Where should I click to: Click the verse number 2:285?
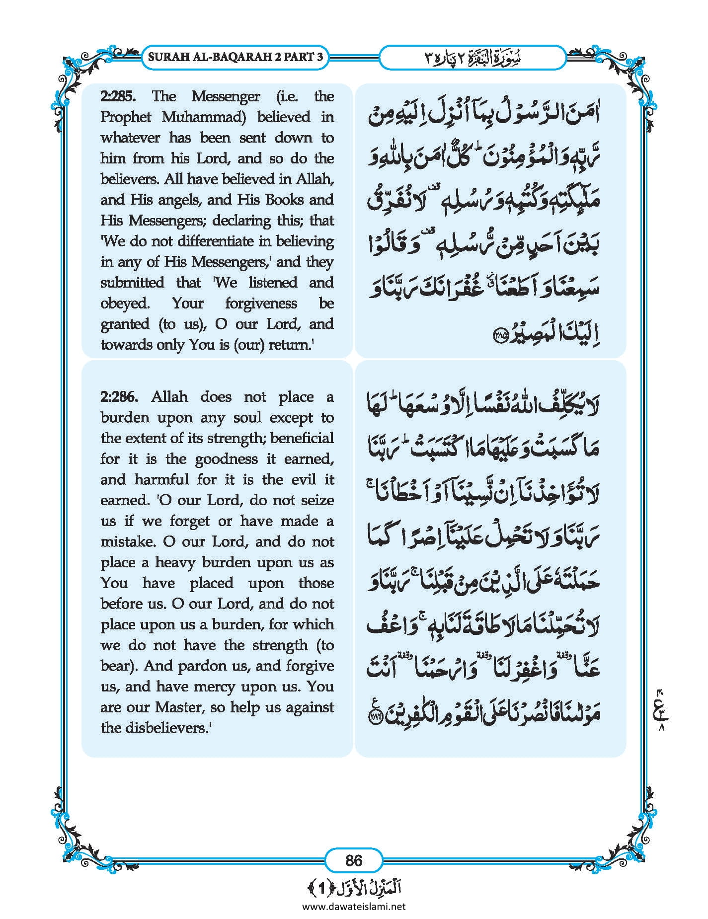[x=121, y=96]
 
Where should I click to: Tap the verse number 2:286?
[x=121, y=397]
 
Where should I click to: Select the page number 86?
[x=354, y=860]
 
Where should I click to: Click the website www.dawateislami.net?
[x=354, y=907]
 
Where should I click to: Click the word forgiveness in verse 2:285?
[x=261, y=304]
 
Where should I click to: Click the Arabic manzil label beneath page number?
[x=354, y=888]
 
